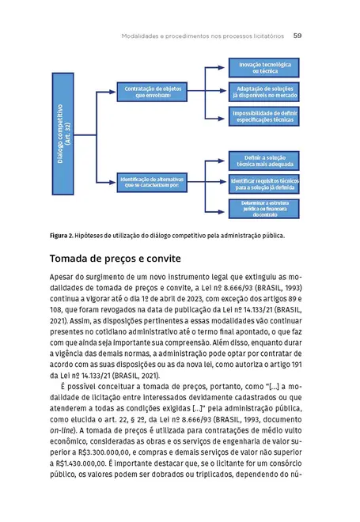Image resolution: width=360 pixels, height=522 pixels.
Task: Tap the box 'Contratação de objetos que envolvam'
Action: coord(152,92)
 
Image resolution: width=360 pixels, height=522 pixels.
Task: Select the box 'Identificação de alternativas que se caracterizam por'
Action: coord(152,183)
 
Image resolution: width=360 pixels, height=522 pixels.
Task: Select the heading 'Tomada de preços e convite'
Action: coord(116,259)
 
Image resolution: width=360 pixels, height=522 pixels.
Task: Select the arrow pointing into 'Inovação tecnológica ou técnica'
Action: coord(223,66)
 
